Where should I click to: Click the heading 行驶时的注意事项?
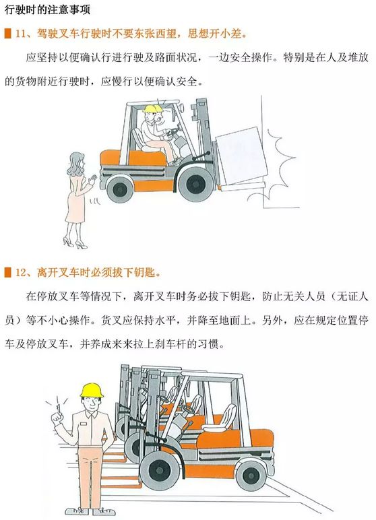pyautogui.click(x=47, y=9)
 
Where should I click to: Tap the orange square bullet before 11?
pyautogui.click(x=7, y=34)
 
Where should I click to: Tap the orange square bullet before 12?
pyautogui.click(x=7, y=273)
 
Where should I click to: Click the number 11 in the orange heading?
pyautogui.click(x=21, y=34)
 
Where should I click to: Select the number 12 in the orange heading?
pyautogui.click(x=21, y=273)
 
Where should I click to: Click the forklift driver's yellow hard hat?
pyautogui.click(x=151, y=108)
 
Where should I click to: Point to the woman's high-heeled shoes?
pyautogui.click(x=75, y=243)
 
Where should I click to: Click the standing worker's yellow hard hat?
pyautogui.click(x=92, y=390)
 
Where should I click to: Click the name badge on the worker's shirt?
pyautogui.click(x=84, y=424)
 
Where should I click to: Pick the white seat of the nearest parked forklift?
pyautogui.click(x=221, y=419)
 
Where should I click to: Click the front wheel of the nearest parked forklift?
pyautogui.click(x=159, y=469)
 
